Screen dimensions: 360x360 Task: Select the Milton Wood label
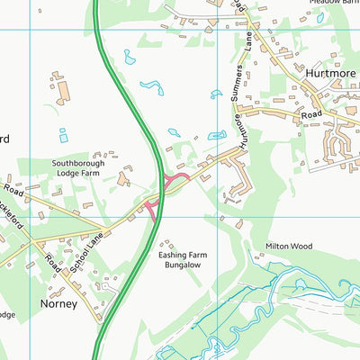pyautogui.click(x=288, y=246)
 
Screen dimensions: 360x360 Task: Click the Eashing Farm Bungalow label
pyautogui.click(x=183, y=261)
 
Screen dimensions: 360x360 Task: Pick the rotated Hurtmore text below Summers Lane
pyautogui.click(x=238, y=132)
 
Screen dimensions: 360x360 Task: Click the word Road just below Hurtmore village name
pyautogui.click(x=311, y=114)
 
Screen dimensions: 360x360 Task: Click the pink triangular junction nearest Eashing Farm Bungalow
pyautogui.click(x=150, y=211)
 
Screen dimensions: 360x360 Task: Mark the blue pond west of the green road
pyautogui.click(x=62, y=136)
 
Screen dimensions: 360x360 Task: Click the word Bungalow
pyautogui.click(x=183, y=266)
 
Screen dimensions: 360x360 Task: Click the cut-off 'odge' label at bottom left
pyautogui.click(x=6, y=315)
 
